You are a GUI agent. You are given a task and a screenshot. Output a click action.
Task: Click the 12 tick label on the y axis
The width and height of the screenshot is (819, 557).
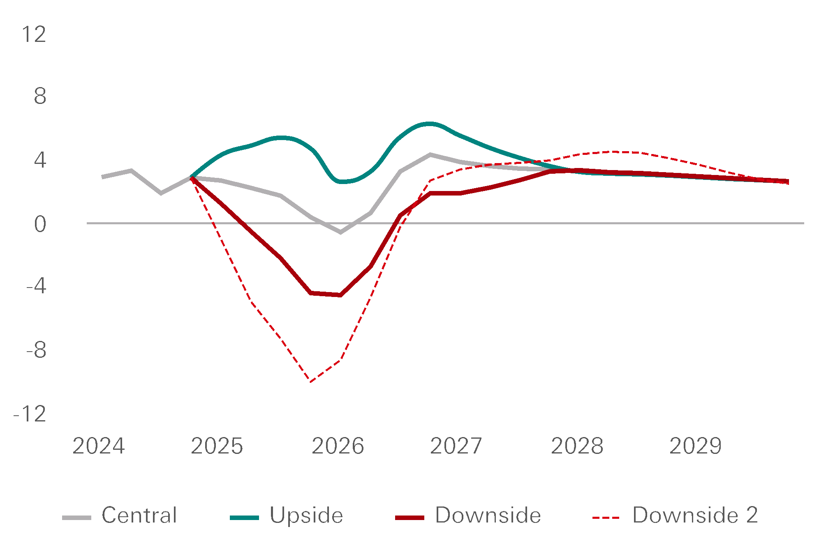[x=34, y=35]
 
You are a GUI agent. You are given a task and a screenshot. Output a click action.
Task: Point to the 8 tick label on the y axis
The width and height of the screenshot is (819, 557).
[x=40, y=97]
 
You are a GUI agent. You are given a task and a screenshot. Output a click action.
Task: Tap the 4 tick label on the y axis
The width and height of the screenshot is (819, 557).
[x=40, y=160]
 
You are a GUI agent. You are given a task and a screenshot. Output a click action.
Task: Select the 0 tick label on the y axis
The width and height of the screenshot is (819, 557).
[x=40, y=225]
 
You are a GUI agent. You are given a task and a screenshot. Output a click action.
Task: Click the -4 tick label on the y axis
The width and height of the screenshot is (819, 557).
[x=36, y=286]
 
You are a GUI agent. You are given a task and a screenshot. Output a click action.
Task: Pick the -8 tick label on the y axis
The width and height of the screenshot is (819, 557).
[x=36, y=350]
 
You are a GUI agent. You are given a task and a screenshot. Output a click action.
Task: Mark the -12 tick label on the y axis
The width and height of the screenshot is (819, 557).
[x=30, y=414]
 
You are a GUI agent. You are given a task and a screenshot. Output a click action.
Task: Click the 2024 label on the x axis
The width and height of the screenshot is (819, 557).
[x=99, y=446]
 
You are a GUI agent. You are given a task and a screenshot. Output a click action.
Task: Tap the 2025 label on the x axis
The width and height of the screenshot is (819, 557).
[x=217, y=446]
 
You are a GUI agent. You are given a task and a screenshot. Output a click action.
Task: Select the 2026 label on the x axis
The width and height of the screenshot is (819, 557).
[x=338, y=446]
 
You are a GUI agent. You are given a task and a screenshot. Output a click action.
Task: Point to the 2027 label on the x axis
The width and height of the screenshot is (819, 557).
[x=456, y=446]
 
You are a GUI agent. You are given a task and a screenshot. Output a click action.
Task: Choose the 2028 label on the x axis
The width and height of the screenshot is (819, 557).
[x=577, y=446]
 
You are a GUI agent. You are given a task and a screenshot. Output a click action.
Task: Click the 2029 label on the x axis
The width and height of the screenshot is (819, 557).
[x=695, y=446]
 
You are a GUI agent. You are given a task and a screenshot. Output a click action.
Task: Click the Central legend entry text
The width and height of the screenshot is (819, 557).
[x=139, y=515]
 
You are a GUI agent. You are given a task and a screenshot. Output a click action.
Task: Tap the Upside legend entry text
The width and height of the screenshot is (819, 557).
[x=306, y=515]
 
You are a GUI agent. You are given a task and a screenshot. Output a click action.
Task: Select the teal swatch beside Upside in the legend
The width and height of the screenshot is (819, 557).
[x=244, y=518]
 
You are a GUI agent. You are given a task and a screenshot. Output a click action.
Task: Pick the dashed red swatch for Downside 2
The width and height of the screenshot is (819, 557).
[x=606, y=518]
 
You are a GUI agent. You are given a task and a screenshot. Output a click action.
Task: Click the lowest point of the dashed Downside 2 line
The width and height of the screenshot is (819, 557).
[x=311, y=382]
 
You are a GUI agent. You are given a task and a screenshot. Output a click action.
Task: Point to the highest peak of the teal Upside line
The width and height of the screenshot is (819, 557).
[x=429, y=123]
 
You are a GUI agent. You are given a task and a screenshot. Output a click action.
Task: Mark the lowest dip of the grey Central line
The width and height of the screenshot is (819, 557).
[x=340, y=232]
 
